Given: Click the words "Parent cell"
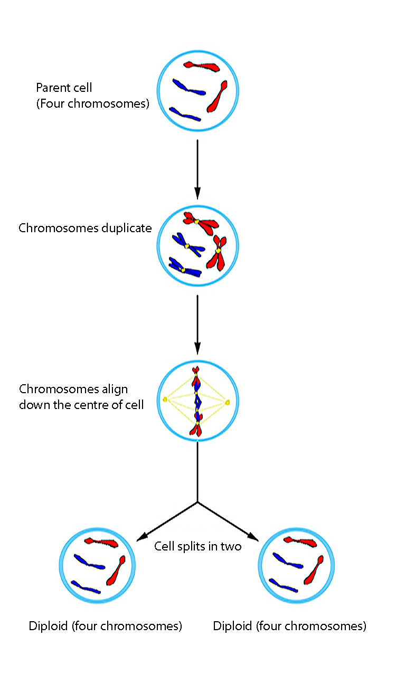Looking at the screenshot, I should tap(64, 88).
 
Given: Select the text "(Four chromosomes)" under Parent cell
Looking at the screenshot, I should tap(92, 103).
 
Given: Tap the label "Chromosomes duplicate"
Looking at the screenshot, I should tap(85, 229).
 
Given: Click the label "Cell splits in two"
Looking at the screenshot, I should tap(197, 546).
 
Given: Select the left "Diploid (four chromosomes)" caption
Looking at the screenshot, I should tap(106, 626).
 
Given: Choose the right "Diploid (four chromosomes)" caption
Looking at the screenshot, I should tap(289, 626).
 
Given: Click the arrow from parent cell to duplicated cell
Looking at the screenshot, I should tap(197, 169).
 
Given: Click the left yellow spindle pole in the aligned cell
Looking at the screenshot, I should tap(165, 400).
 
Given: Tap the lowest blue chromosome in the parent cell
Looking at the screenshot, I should tap(184, 115).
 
